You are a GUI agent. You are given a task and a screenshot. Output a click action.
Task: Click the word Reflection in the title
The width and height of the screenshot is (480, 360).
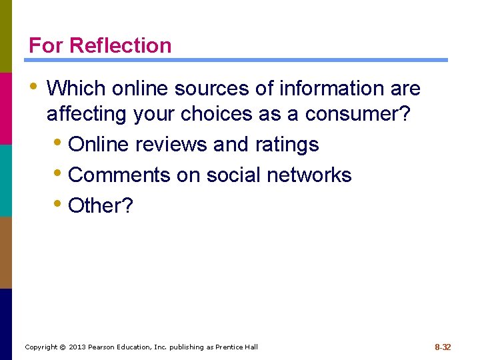pyautogui.click(x=121, y=45)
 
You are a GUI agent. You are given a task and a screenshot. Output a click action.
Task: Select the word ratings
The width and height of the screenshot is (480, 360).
pyautogui.click(x=287, y=144)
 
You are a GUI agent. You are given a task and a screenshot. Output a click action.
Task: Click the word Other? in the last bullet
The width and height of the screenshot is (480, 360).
pyautogui.click(x=101, y=205)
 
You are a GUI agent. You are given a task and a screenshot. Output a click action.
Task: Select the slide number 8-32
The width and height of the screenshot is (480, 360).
pyautogui.click(x=443, y=347)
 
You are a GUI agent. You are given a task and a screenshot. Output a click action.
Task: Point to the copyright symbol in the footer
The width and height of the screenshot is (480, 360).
pyautogui.click(x=63, y=347)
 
